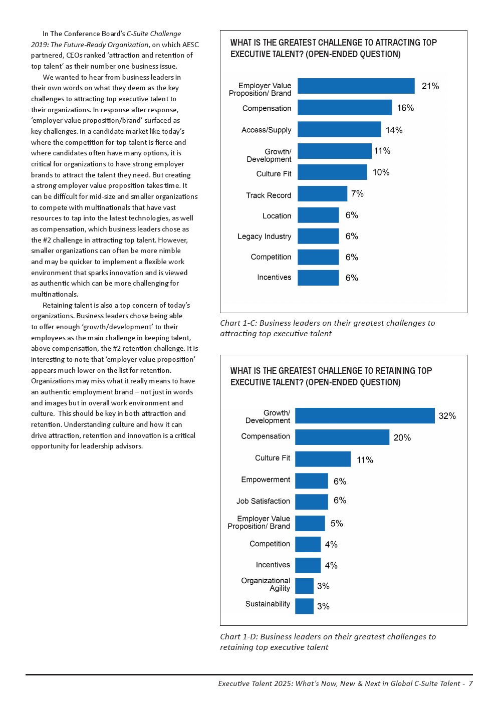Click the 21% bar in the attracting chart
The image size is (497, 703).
(356, 86)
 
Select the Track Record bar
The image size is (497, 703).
(322, 193)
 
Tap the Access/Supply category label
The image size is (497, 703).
(266, 130)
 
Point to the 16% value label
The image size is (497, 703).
(405, 108)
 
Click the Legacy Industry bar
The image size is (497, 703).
(318, 236)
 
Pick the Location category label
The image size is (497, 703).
(277, 216)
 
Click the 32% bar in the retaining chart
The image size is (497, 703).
(365, 415)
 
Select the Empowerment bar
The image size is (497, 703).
(311, 481)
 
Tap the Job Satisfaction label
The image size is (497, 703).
(263, 501)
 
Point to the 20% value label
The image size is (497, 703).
(402, 437)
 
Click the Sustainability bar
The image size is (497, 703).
(304, 606)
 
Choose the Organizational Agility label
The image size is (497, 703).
(266, 584)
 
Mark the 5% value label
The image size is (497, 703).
(337, 523)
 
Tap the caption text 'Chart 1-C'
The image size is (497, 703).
(238, 323)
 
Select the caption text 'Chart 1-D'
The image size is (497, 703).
(238, 637)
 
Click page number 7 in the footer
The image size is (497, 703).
(470, 683)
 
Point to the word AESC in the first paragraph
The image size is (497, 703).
(190, 45)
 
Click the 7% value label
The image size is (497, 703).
(357, 193)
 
